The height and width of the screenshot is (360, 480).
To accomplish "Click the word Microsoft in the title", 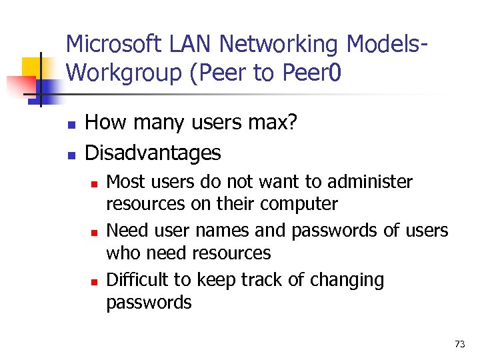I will tap(113, 45).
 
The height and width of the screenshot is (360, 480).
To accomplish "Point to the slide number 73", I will tap(459, 344).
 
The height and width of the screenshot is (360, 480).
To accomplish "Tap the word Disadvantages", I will tap(153, 153).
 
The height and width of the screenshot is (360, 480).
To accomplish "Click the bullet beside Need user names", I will tap(95, 232).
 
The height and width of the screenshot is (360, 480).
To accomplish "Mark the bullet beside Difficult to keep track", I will tap(95, 281).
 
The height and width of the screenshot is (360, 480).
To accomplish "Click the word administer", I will tap(371, 182).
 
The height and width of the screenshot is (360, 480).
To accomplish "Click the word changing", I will tap(349, 281).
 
